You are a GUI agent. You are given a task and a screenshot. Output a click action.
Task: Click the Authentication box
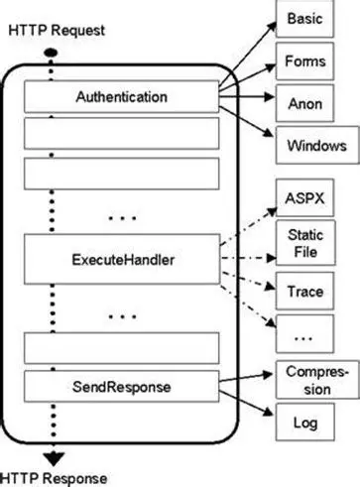(122, 98)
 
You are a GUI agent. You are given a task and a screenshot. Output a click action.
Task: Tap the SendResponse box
(122, 383)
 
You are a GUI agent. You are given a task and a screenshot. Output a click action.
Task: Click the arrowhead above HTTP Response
(51, 457)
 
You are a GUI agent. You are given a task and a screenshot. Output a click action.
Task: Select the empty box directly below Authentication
(122, 132)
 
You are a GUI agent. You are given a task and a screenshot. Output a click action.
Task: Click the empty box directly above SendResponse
(122, 347)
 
